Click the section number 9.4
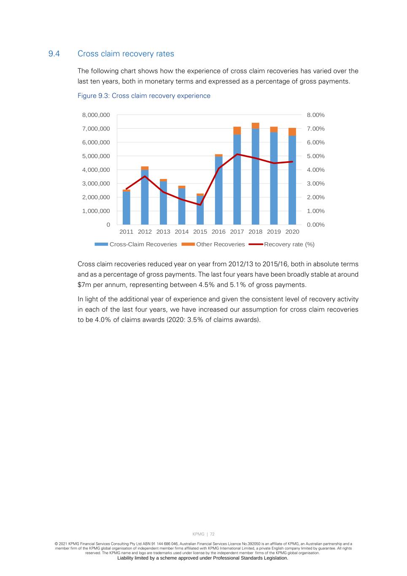pos(54,54)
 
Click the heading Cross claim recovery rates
pos(126,54)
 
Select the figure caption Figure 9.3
pos(144,96)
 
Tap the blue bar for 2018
pos(255,177)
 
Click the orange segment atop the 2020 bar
pos(292,132)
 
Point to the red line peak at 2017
pos(237,154)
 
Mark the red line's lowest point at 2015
pos(200,205)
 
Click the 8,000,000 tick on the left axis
pos(96,115)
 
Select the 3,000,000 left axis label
pos(96,184)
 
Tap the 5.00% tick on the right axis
pos(315,156)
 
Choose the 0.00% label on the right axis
pos(315,225)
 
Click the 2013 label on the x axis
pos(163,232)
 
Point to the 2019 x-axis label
pos(274,232)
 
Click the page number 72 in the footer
pos(212,534)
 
